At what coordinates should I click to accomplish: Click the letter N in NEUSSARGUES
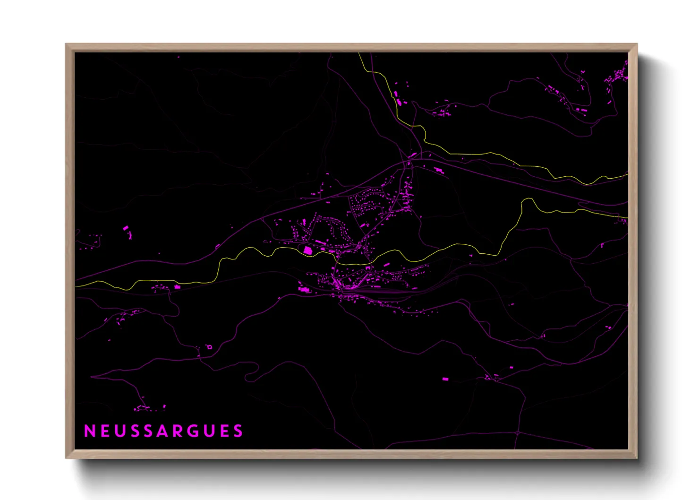(89, 431)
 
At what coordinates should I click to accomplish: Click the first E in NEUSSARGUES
(104, 431)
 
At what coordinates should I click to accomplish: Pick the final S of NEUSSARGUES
(238, 431)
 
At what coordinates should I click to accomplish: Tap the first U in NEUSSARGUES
(119, 431)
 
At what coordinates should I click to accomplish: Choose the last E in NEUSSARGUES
(224, 431)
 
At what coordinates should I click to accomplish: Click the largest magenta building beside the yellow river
(308, 250)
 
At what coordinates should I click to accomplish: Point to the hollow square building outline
(209, 347)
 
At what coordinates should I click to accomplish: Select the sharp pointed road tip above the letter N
(92, 377)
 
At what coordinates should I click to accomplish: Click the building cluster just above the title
(149, 407)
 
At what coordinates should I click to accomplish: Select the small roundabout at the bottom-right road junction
(518, 432)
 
